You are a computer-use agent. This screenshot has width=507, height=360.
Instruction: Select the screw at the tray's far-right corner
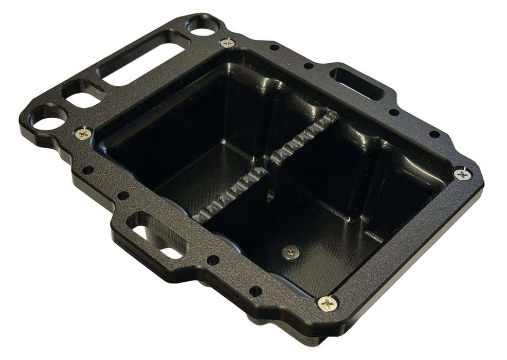[x=464, y=174]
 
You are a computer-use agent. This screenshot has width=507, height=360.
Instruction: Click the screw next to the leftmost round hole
[x=82, y=134]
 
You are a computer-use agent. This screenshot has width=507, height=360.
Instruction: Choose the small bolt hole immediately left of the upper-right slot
[x=307, y=66]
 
